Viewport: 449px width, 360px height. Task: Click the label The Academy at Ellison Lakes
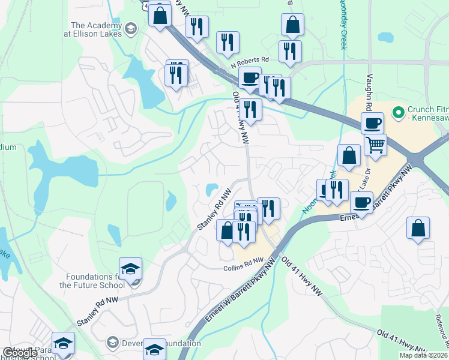(96, 29)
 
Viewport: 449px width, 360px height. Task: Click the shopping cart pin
(375, 144)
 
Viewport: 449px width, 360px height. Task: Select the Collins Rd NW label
(243, 268)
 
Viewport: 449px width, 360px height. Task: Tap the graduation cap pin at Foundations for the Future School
(130, 269)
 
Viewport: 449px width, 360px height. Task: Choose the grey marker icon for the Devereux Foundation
(112, 343)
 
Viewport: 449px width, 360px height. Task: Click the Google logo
(19, 353)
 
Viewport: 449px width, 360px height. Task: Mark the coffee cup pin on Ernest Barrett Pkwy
(363, 202)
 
